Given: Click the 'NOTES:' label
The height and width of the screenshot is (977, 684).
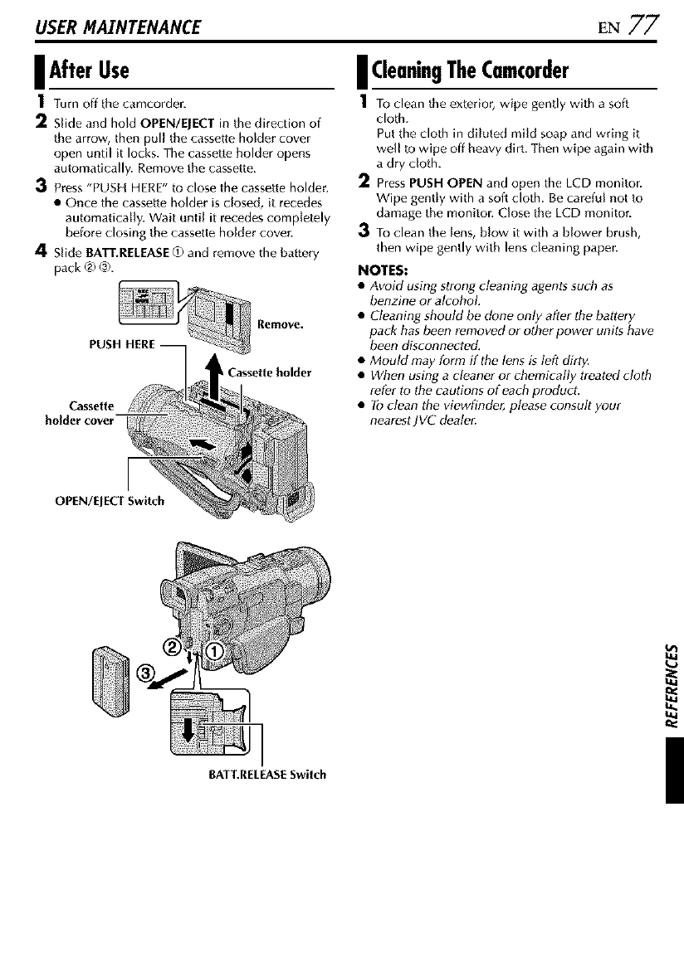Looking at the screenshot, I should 382,270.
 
